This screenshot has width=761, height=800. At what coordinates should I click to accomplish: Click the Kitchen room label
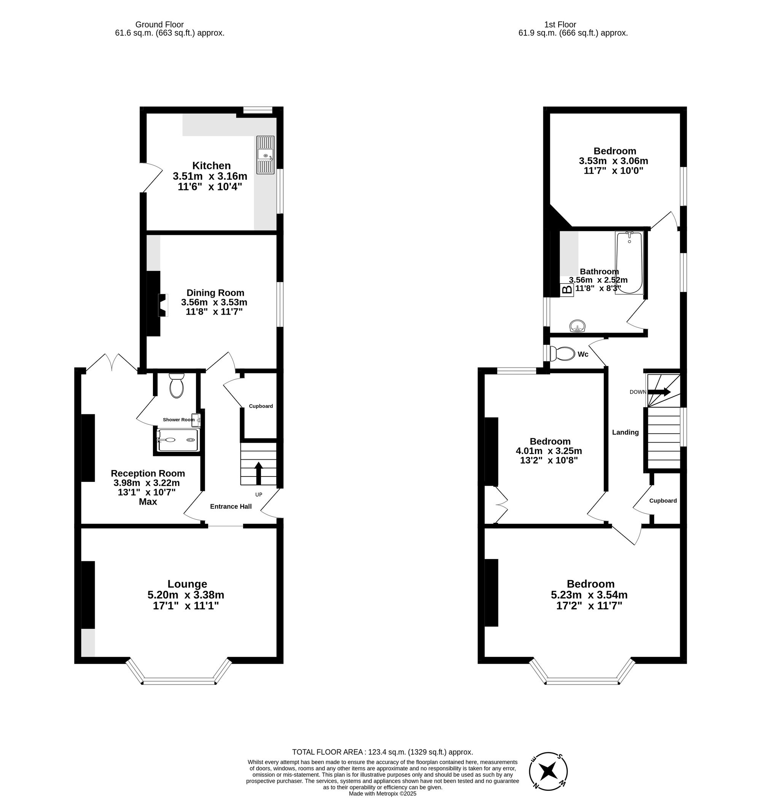pos(211,166)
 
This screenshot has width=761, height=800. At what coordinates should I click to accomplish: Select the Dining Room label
pos(215,293)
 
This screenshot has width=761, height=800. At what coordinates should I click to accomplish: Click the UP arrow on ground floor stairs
pos(258,473)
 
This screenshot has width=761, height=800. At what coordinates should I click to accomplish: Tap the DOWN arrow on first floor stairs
pos(659,392)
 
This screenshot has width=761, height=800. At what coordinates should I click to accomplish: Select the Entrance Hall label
pos(231,506)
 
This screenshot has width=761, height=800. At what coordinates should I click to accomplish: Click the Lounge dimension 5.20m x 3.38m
pos(186,595)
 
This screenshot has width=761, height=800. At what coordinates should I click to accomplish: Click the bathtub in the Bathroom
pos(629,263)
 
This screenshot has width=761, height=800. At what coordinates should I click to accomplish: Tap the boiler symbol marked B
pos(567,290)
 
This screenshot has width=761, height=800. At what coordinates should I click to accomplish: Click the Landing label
pos(625,432)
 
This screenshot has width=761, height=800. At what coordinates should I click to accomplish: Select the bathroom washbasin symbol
pos(577,326)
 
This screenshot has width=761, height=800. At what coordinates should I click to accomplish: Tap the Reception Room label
pos(148,473)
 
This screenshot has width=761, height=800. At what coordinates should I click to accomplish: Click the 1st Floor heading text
pos(560,24)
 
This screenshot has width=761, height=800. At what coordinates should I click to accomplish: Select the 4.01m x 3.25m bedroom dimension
pos(548,451)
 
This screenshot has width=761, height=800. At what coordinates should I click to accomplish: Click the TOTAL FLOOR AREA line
pos(382,752)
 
